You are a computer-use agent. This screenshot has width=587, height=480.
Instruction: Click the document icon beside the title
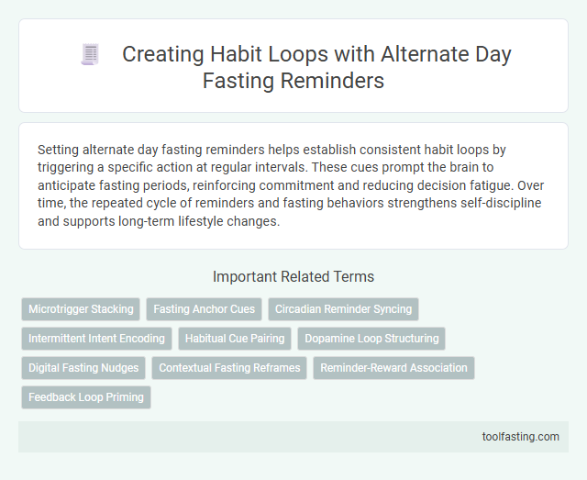pos(90,55)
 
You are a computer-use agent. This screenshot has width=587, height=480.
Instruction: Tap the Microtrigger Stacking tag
pos(81,309)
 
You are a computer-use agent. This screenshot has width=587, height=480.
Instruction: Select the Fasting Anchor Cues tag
pos(204,309)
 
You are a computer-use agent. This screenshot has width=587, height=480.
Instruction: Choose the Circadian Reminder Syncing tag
pos(343,309)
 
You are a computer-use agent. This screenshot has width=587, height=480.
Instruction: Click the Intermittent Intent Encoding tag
pos(96,339)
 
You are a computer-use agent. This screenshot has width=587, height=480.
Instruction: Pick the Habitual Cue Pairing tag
pos(235,339)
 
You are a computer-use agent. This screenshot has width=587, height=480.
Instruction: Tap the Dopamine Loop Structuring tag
pos(371,339)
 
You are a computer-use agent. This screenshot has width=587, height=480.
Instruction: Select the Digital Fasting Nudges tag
pos(83,368)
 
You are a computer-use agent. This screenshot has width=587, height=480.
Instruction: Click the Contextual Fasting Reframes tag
pos(229,368)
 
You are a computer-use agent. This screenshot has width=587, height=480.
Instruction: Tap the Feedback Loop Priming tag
pos(85,397)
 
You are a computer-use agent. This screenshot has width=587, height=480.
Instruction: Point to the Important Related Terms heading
pos(293,276)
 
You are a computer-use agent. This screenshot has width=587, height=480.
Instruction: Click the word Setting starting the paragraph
pos(60,148)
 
